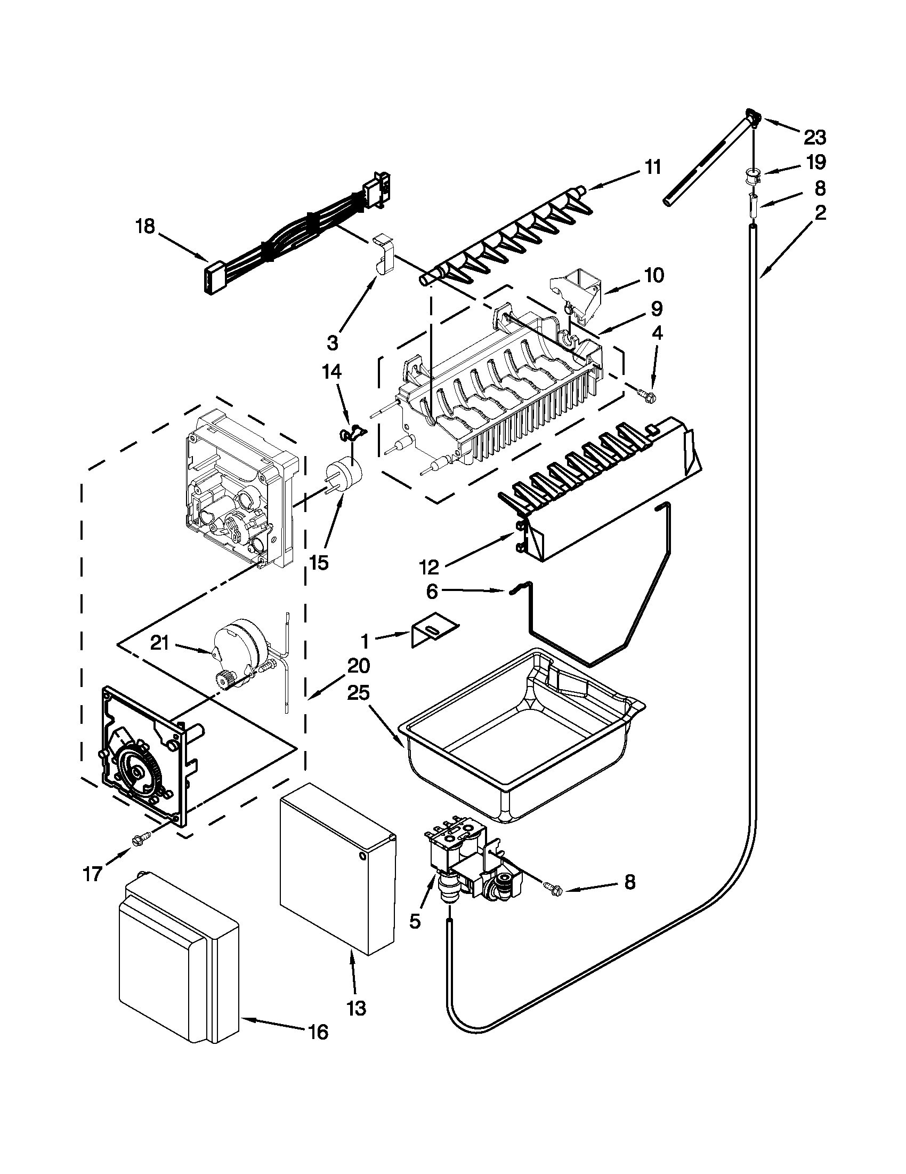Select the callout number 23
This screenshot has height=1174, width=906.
tap(814, 138)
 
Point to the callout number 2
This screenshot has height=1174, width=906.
tap(820, 213)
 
